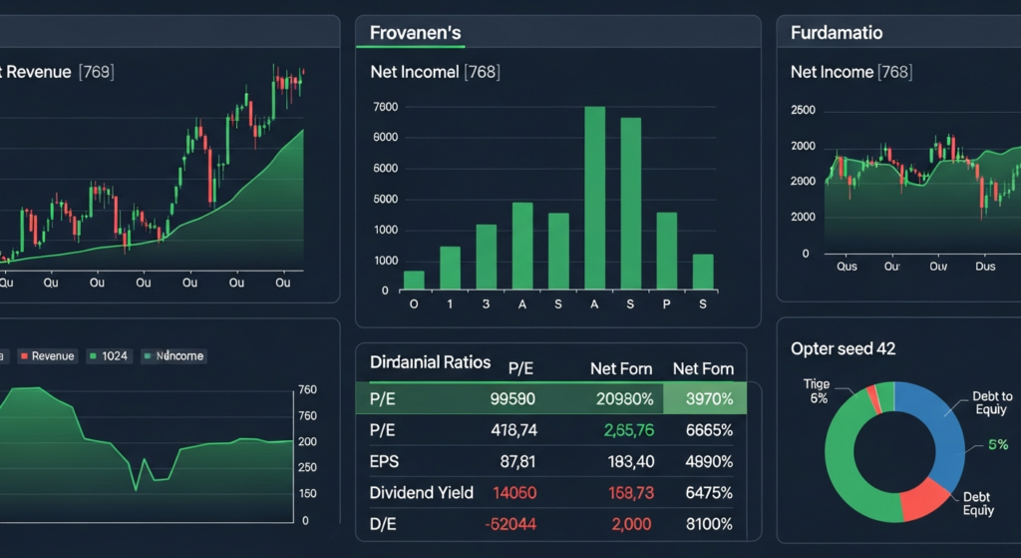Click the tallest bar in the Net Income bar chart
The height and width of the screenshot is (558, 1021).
coord(594,198)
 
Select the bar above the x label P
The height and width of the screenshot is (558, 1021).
coord(666,251)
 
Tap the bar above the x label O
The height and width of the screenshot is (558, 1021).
coord(414,279)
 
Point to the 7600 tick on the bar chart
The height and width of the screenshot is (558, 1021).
coord(385,107)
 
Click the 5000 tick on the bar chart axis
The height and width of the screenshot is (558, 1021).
coord(385,200)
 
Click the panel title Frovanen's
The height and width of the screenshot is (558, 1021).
coord(415,33)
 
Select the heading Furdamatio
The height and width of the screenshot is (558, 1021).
coord(836,33)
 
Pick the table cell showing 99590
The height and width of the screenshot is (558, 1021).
coord(513,400)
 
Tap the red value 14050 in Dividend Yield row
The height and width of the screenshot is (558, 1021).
coord(513,492)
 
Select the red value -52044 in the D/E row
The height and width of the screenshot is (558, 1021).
coord(510,524)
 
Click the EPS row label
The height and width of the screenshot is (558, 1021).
coord(385,462)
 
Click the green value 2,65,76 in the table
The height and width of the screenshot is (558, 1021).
coord(628,431)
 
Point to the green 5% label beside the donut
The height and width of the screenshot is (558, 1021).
coord(997,444)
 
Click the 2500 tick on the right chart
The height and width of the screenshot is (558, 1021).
coord(803,110)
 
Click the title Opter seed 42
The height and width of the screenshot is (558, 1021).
coord(843,348)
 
